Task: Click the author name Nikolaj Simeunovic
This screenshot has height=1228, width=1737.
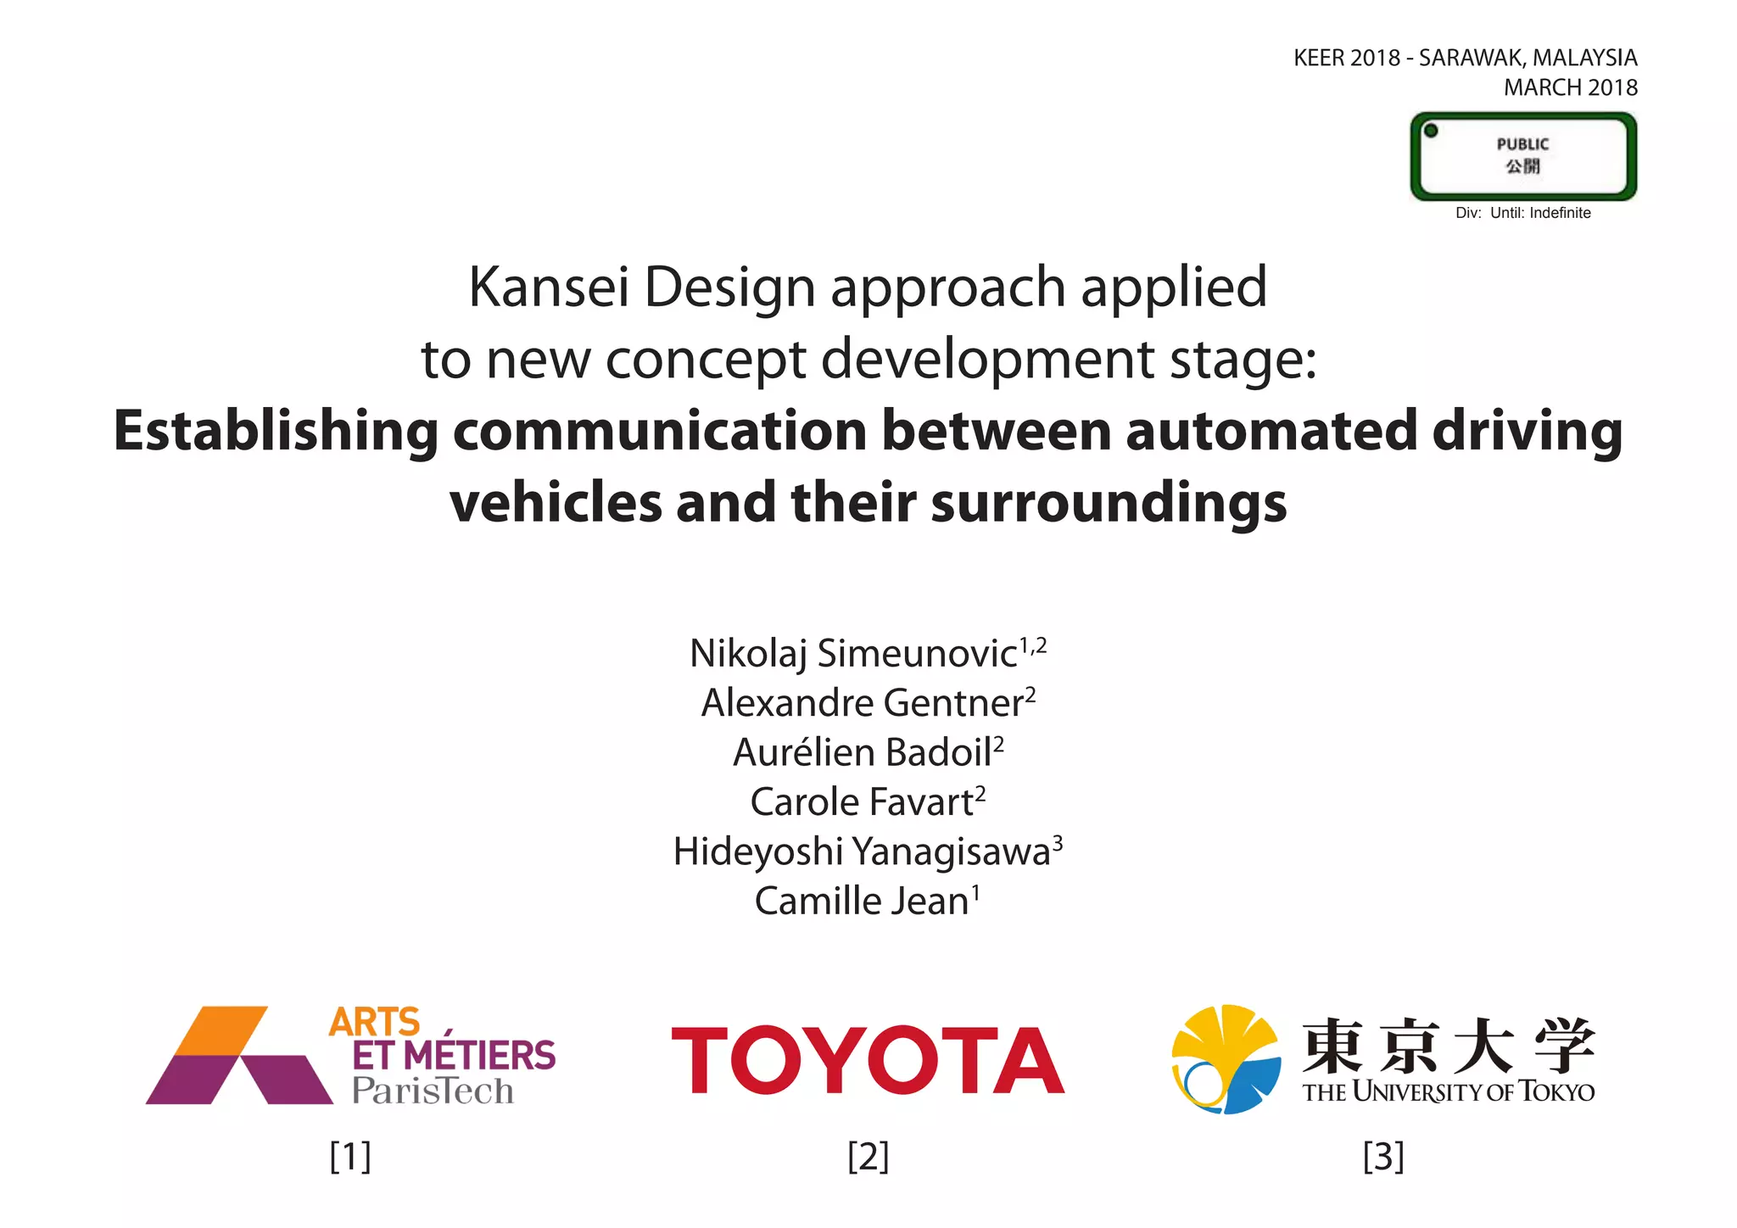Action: pos(853,654)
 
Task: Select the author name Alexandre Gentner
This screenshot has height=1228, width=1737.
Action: pos(862,703)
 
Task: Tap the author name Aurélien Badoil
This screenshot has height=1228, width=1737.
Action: pos(863,753)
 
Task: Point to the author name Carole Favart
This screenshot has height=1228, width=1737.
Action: pos(862,802)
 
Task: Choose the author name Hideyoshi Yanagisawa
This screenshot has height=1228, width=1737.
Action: pos(862,851)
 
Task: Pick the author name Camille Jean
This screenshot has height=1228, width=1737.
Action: pos(862,901)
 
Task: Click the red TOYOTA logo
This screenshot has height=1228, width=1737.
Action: pos(868,1060)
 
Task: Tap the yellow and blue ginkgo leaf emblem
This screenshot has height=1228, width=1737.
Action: pos(1226,1059)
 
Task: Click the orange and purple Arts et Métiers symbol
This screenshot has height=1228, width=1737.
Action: pos(238,1056)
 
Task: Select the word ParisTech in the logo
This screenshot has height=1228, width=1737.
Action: pos(433,1091)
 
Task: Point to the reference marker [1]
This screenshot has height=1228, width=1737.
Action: pos(350,1156)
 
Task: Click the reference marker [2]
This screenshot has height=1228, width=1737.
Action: pos(868,1156)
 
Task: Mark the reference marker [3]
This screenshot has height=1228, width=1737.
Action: pos(1383,1156)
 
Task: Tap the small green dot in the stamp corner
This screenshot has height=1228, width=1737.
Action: pos(1431,131)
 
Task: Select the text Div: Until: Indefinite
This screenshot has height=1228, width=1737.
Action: pos(1523,213)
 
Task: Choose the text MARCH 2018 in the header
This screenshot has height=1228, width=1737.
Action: pos(1571,87)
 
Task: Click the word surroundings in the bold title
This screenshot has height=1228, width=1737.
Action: pos(1109,502)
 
